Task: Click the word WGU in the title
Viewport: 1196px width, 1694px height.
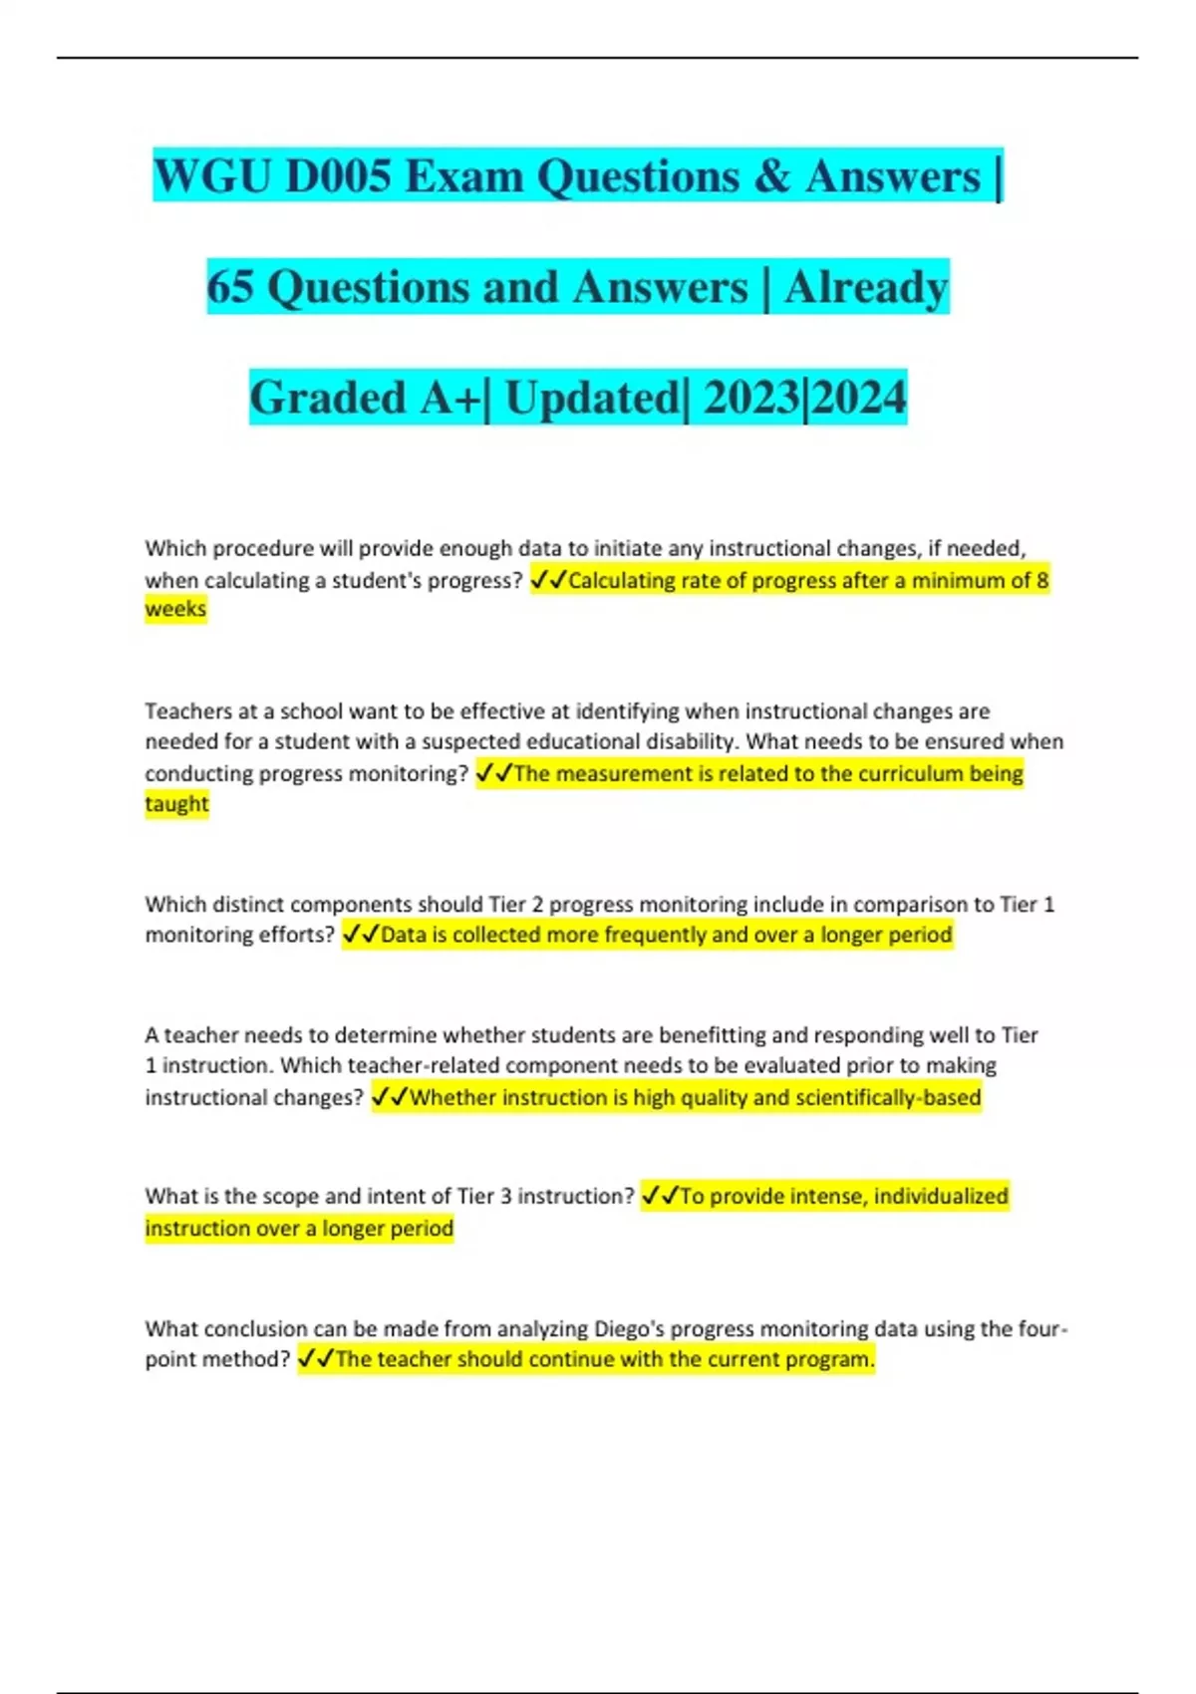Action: (x=214, y=176)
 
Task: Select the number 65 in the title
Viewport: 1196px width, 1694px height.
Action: (x=230, y=287)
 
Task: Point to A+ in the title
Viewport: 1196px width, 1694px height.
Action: (x=449, y=398)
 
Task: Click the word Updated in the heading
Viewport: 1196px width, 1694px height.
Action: (x=592, y=398)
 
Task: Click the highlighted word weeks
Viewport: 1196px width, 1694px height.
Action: (x=175, y=609)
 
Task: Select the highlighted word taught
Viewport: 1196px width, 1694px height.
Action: (x=176, y=804)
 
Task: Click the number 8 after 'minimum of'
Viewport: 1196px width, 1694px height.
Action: (x=1043, y=580)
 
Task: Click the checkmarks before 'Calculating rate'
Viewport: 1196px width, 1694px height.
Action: (x=548, y=580)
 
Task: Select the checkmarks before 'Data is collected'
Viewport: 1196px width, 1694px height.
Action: (x=360, y=935)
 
